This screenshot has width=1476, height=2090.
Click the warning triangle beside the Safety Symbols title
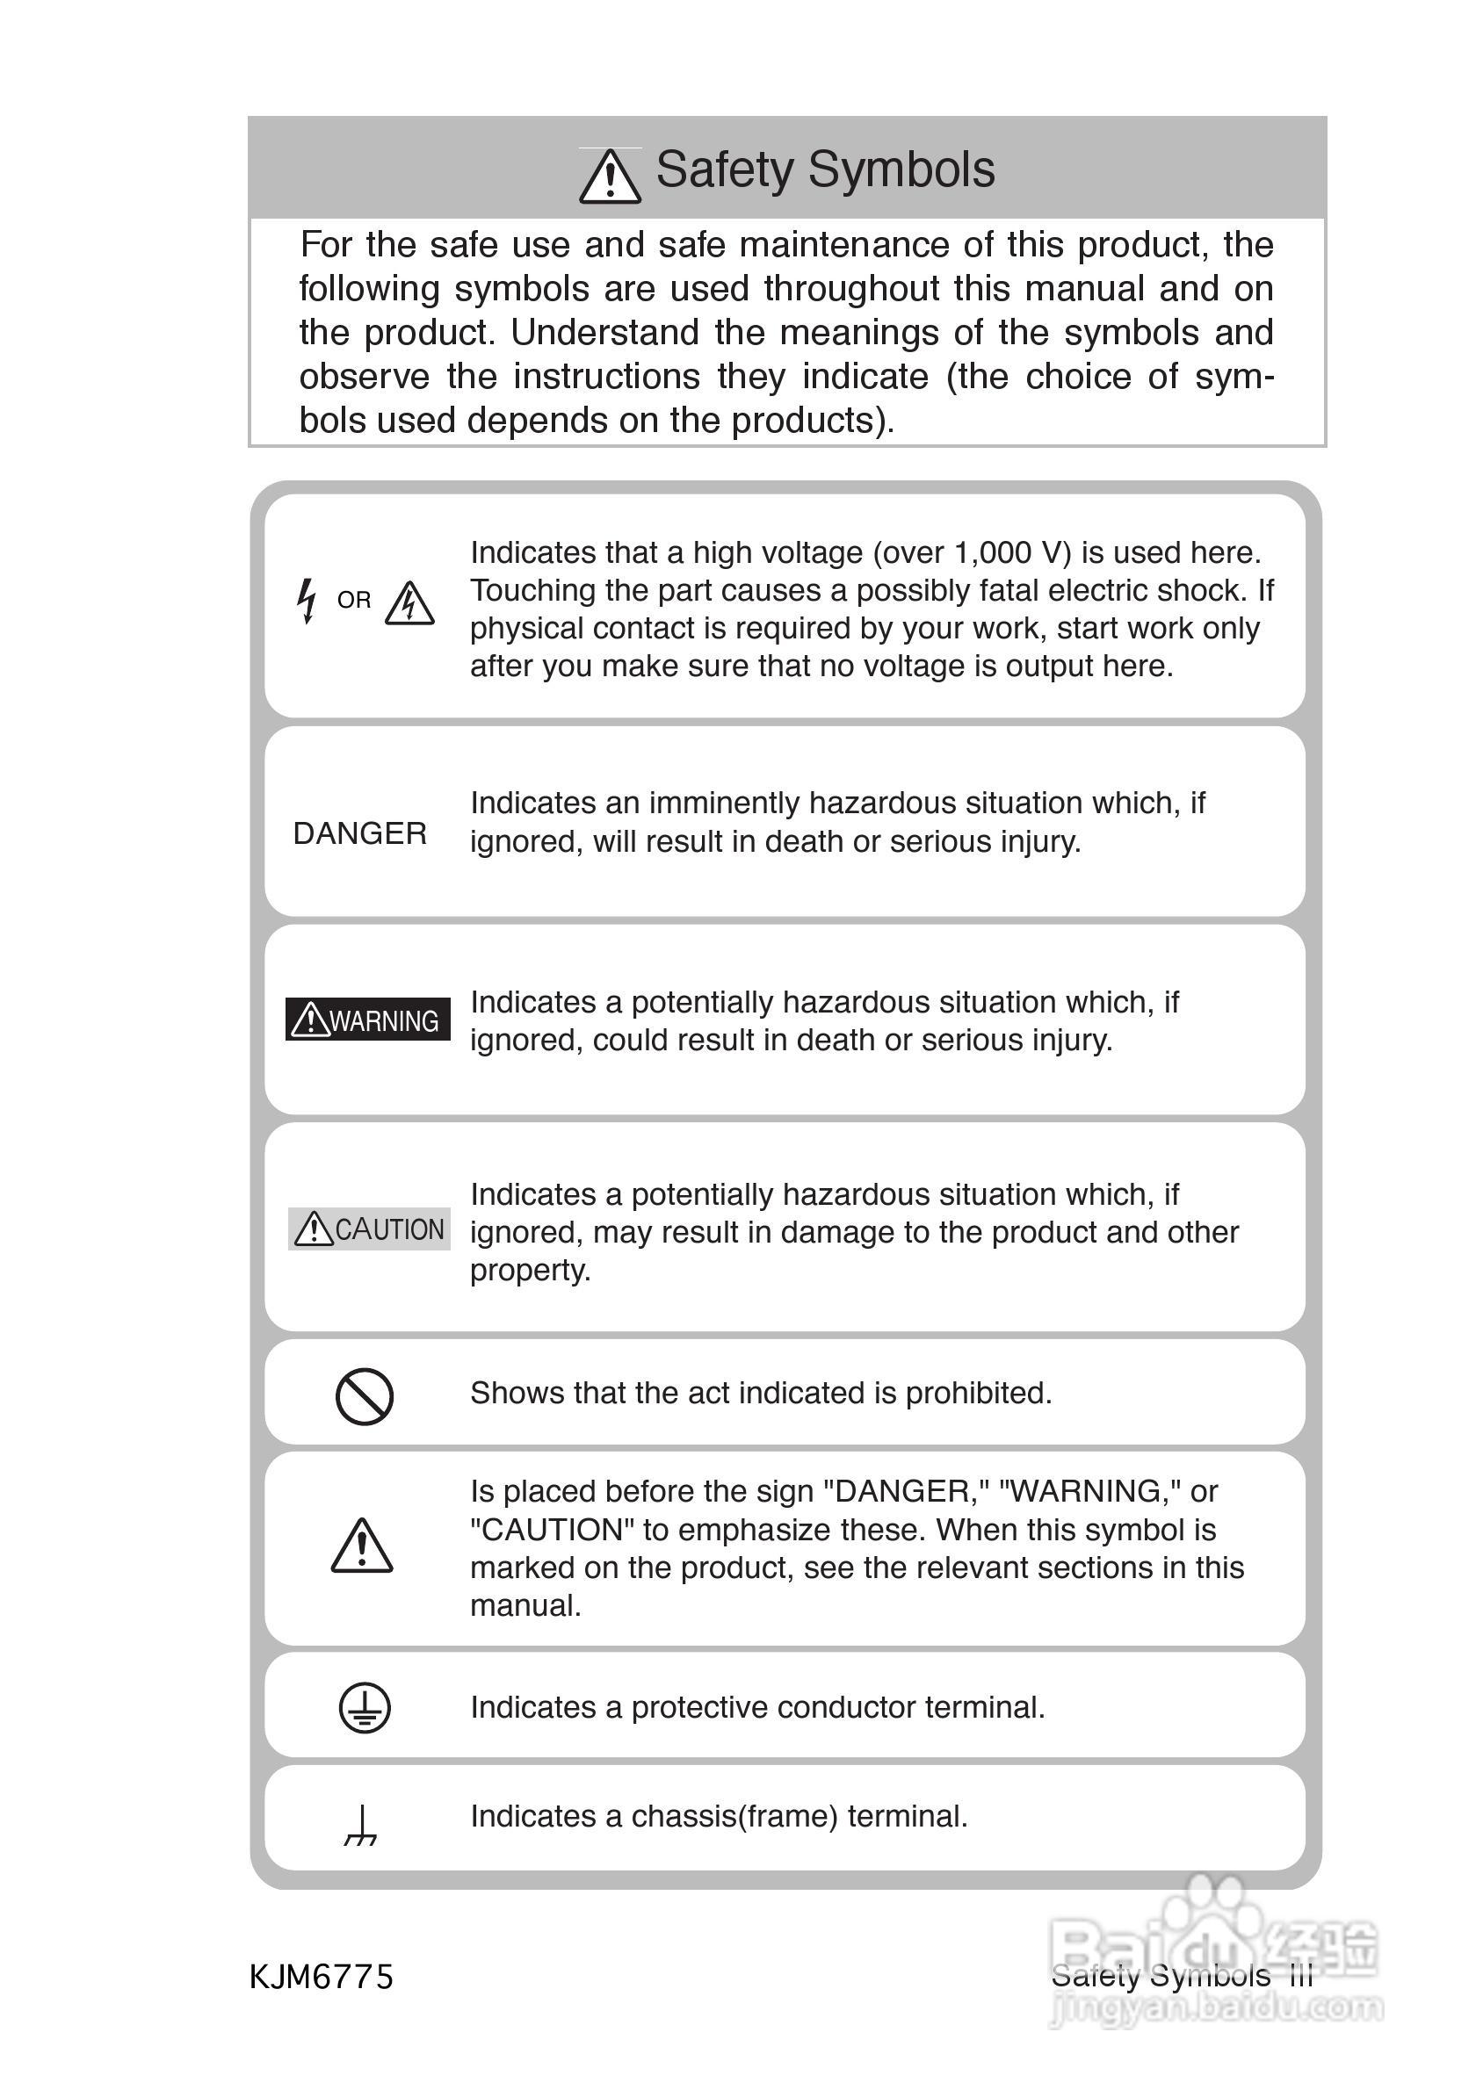tap(609, 176)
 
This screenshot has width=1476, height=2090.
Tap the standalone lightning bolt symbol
tap(307, 601)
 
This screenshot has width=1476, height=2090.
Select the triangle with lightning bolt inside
tap(409, 603)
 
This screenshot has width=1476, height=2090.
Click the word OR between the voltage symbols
tap(354, 601)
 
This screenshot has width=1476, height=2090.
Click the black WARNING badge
tap(368, 1020)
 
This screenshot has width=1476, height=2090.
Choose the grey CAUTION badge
tap(369, 1229)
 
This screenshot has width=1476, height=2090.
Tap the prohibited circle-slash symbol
tap(365, 1396)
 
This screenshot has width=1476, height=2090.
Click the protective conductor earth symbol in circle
tap(365, 1708)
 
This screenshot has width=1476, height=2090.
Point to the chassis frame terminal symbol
tap(361, 1824)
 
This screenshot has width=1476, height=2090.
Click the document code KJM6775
tap(322, 1977)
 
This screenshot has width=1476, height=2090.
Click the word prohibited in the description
tap(977, 1394)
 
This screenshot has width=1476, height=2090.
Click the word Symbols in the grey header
tap(901, 170)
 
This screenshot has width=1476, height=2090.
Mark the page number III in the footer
tap(1302, 1976)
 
